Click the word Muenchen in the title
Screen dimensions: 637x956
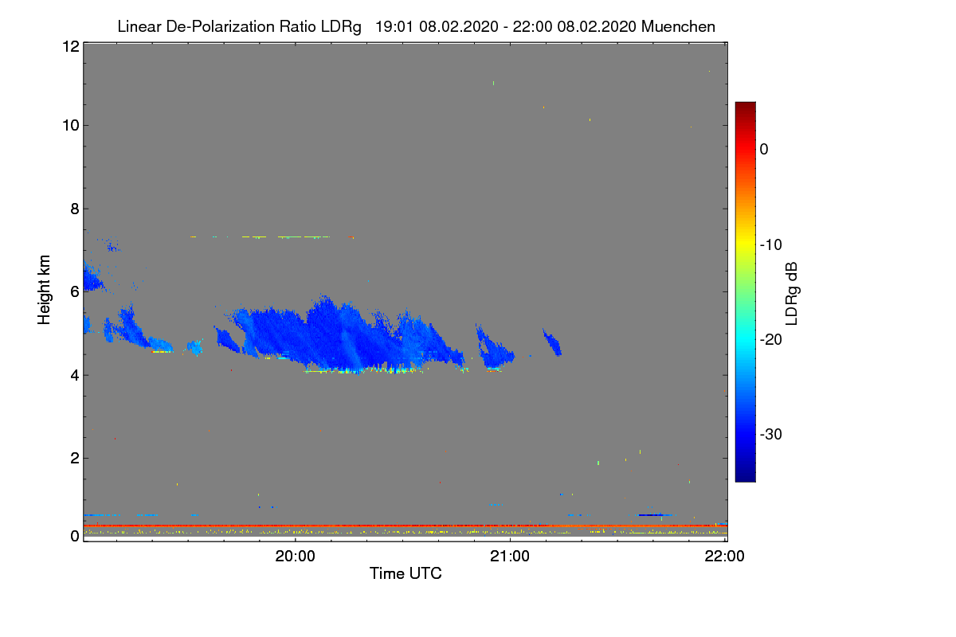pos(678,26)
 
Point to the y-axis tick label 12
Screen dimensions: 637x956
pos(69,46)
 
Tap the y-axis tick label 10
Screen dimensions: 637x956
pos(69,125)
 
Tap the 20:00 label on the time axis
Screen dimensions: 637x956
pos(295,557)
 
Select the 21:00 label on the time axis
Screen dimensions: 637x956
pos(510,557)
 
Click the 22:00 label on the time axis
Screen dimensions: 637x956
pos(725,557)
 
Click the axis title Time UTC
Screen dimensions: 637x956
pos(406,573)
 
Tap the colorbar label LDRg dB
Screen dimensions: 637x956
pos(792,291)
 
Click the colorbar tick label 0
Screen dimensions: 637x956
pos(764,149)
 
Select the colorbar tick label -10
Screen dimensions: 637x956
pos(770,244)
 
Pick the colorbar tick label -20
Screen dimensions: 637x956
pos(770,339)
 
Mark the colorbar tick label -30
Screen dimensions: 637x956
pos(770,435)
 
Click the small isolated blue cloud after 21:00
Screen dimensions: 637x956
pos(552,342)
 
